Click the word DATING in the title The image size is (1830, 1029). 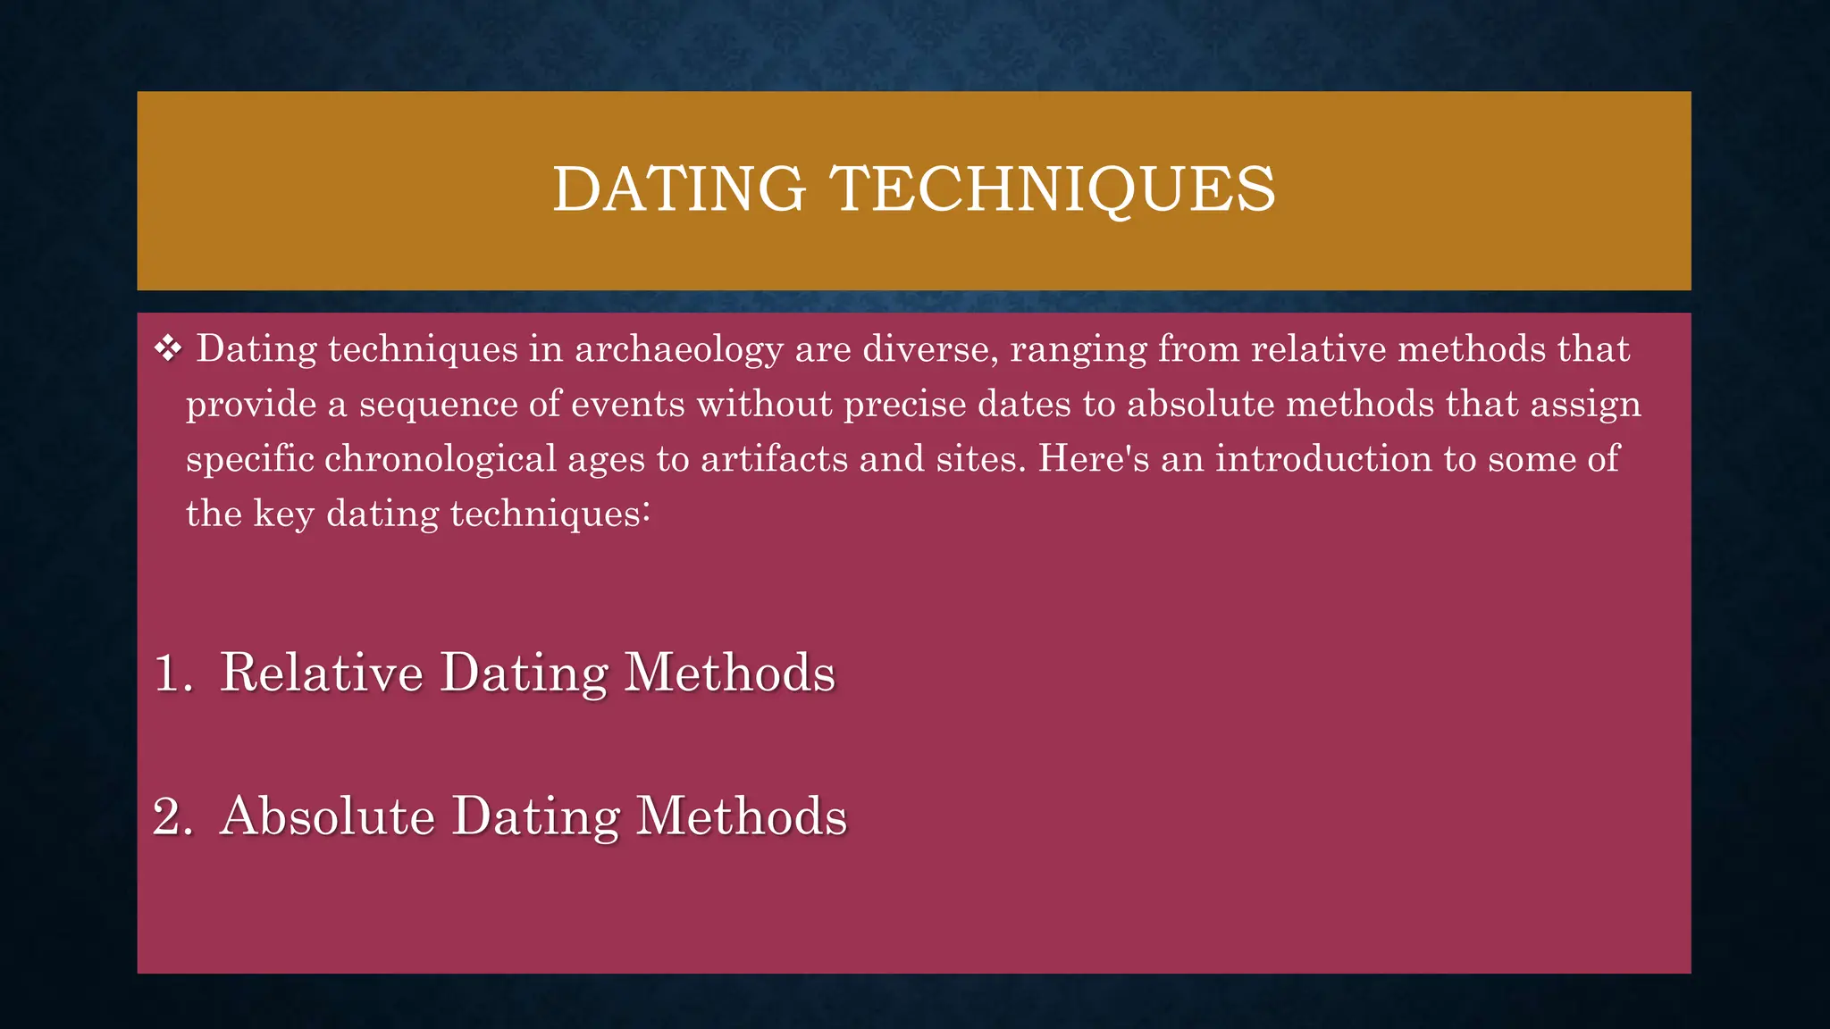tap(679, 189)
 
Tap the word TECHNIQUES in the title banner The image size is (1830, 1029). tap(1053, 189)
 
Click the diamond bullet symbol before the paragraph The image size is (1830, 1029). tap(168, 348)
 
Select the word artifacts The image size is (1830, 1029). tap(774, 459)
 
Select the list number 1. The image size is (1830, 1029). tap(170, 673)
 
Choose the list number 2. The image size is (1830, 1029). tap(170, 816)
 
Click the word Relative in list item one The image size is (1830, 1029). tap(322, 673)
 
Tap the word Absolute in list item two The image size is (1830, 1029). tap(328, 816)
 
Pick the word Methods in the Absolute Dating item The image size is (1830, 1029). tap(741, 816)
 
